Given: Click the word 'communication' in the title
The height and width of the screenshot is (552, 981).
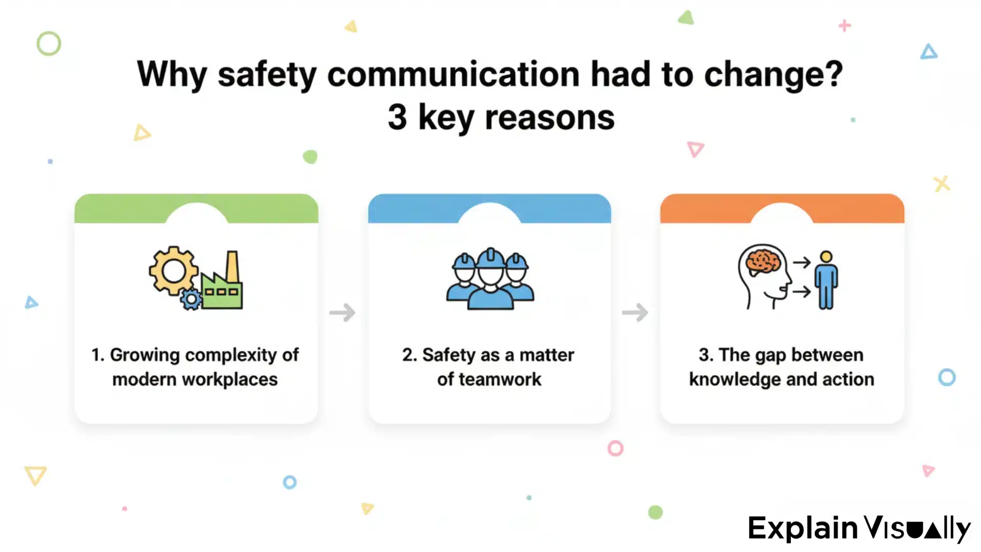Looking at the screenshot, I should click(x=453, y=75).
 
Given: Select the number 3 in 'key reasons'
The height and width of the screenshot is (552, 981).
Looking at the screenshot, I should click(x=398, y=117).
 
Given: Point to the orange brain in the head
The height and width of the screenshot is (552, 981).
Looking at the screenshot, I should click(x=763, y=261).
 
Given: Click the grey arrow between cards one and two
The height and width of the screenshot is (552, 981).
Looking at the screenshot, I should click(x=342, y=312).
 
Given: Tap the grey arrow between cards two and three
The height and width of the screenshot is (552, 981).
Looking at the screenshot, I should click(x=635, y=312).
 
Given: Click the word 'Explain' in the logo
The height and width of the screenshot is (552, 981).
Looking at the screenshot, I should click(x=802, y=528).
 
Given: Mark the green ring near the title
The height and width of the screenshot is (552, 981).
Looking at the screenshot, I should click(x=49, y=43).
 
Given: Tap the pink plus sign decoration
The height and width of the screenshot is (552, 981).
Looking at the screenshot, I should click(x=845, y=25).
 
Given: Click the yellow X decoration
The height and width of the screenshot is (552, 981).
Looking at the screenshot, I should click(x=941, y=183).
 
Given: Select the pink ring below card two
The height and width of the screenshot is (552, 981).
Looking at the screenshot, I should click(x=615, y=448).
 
